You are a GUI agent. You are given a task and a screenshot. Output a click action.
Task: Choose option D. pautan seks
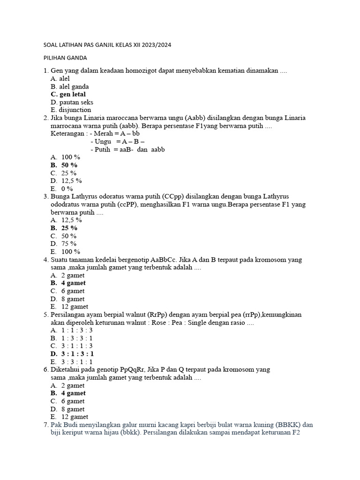(72, 102)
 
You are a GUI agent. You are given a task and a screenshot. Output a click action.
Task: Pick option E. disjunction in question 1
(71, 110)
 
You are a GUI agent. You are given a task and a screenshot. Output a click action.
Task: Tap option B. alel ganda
(69, 87)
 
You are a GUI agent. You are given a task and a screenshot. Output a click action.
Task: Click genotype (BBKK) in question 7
(289, 425)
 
